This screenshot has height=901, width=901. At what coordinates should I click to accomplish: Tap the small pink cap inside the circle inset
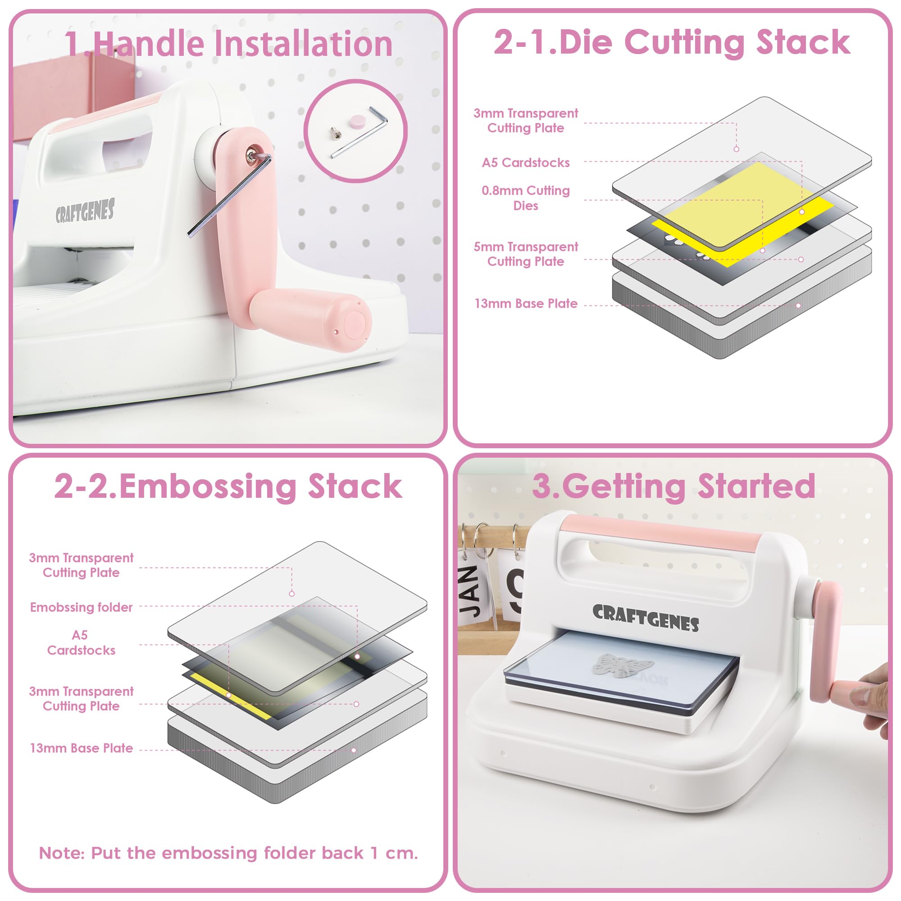pyautogui.click(x=357, y=122)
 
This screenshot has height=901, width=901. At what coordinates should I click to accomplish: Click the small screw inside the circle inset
pyautogui.click(x=335, y=133)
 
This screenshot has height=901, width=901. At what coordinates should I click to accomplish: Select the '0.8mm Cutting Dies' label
pyautogui.click(x=526, y=198)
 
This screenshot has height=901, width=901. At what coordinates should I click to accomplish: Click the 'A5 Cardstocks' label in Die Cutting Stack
pyautogui.click(x=526, y=163)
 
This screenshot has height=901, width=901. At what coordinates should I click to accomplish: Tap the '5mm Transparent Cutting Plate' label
pyautogui.click(x=526, y=254)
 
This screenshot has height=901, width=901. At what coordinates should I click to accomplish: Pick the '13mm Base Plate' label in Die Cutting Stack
pyautogui.click(x=526, y=304)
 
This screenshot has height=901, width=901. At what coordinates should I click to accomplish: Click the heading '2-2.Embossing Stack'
pyautogui.click(x=228, y=487)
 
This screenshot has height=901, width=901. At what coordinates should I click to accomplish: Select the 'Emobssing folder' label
pyautogui.click(x=81, y=607)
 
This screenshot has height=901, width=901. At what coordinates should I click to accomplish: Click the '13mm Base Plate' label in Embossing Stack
pyautogui.click(x=81, y=748)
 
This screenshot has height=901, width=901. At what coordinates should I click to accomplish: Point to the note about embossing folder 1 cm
pyautogui.click(x=228, y=853)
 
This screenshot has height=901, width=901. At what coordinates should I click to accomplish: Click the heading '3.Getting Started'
pyautogui.click(x=673, y=487)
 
